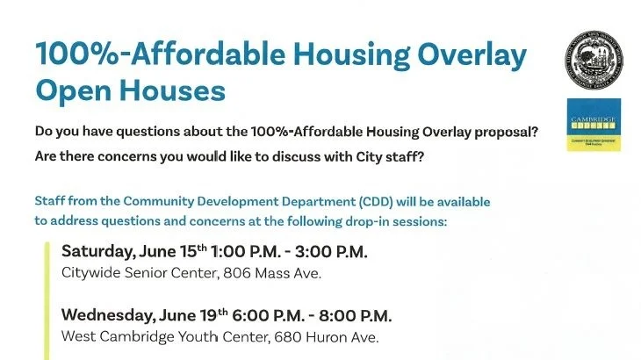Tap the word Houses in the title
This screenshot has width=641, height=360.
(173, 90)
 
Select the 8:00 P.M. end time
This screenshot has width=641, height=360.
(357, 316)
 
